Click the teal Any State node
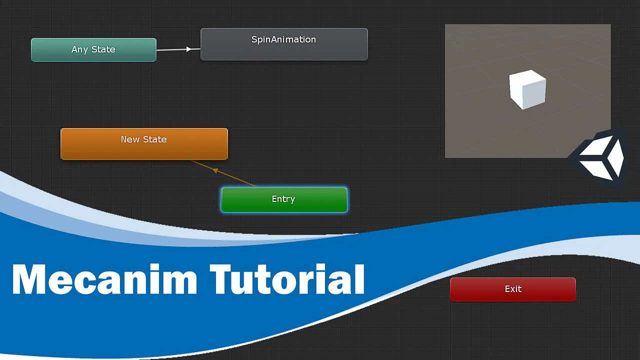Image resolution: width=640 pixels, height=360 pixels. [93, 50]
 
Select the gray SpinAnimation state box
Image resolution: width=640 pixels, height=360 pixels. [284, 44]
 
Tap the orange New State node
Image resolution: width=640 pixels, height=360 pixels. [144, 144]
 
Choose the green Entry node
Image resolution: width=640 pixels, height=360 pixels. [284, 199]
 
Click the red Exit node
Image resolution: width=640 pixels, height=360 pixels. [513, 289]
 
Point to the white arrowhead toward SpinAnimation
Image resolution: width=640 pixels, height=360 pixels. [189, 49]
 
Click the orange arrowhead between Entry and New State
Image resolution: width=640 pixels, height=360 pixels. [215, 171]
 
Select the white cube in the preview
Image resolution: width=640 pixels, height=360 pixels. [527, 89]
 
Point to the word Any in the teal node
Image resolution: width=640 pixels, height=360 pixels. [79, 50]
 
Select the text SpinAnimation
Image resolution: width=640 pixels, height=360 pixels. [283, 39]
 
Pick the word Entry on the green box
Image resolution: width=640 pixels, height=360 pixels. [283, 199]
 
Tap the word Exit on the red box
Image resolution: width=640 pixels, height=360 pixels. [513, 289]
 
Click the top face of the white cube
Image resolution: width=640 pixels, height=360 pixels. [527, 78]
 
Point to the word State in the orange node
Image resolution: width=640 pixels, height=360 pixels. [155, 139]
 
